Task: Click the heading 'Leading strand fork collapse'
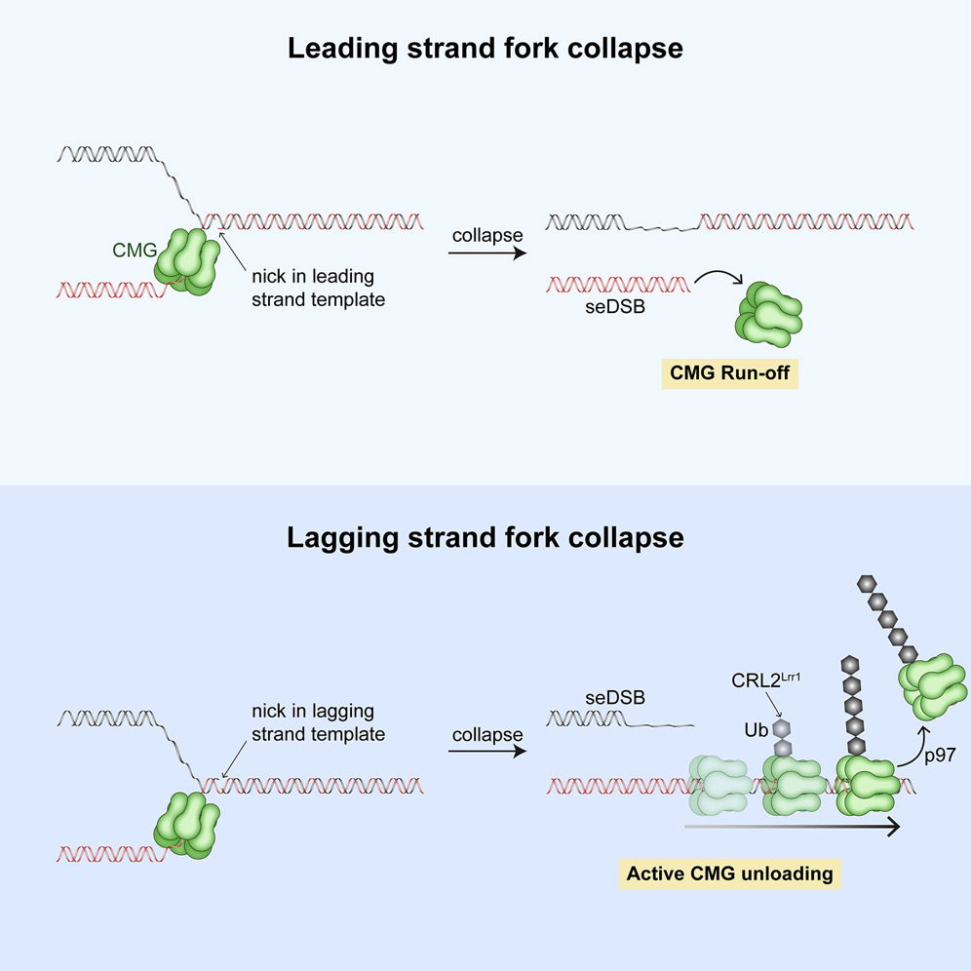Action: tap(485, 49)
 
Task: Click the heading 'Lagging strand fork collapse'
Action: tap(485, 537)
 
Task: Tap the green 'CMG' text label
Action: tap(132, 251)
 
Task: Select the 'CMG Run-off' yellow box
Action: tap(729, 374)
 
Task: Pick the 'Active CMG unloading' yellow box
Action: tap(729, 873)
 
